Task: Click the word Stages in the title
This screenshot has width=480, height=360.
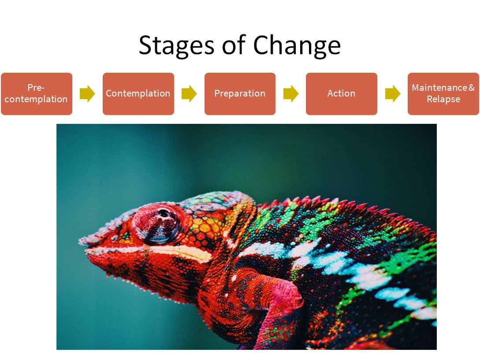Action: click(176, 46)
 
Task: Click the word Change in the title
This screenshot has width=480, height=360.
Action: click(297, 46)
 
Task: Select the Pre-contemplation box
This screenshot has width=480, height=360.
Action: click(37, 94)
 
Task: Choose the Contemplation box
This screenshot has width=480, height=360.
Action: click(138, 94)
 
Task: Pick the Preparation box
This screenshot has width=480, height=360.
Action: click(240, 94)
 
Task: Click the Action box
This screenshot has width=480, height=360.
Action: click(341, 94)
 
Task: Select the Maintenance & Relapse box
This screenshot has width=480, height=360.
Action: click(443, 94)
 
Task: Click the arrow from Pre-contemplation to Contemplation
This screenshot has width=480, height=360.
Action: click(87, 93)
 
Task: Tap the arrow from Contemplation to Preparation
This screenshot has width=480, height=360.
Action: click(189, 93)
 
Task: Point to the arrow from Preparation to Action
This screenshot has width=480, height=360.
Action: click(291, 93)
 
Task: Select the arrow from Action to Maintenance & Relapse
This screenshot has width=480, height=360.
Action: click(392, 93)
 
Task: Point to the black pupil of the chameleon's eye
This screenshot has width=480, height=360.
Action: click(164, 213)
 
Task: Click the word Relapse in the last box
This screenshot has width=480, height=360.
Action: click(443, 99)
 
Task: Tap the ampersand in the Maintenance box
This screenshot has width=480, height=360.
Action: click(472, 88)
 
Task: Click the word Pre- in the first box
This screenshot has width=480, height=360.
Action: click(36, 88)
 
